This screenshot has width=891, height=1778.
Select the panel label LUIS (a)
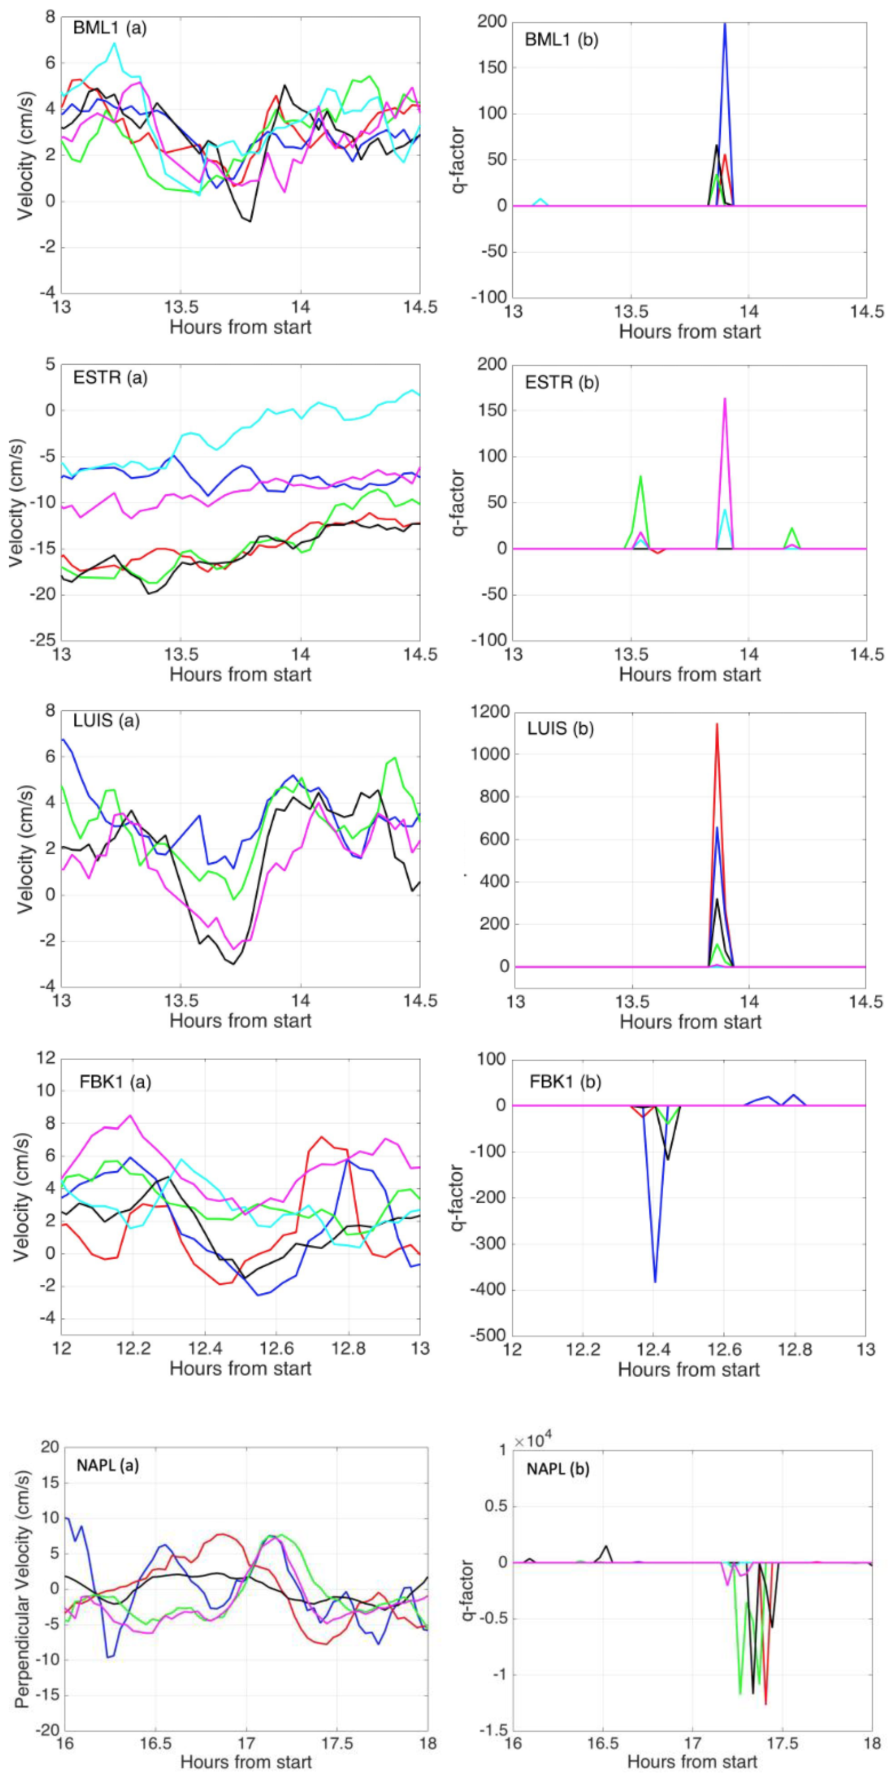click(x=106, y=721)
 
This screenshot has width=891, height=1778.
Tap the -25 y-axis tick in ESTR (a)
click(x=42, y=639)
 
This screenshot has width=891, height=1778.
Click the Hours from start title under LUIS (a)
click(x=240, y=1020)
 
